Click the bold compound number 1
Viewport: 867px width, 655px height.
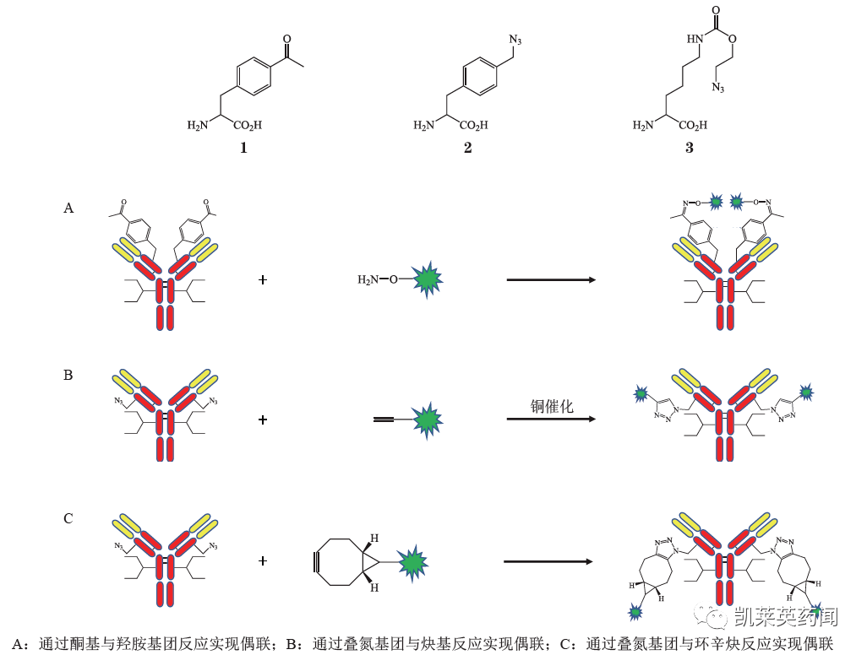click(243, 148)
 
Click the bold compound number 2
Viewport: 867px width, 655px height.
click(467, 148)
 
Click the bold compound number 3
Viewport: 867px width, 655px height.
click(690, 148)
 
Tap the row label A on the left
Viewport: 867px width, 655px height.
click(68, 207)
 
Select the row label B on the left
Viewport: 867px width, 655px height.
click(68, 375)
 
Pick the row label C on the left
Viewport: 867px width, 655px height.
click(68, 518)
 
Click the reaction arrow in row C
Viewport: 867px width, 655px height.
click(548, 560)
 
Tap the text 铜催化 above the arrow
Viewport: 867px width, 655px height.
click(551, 406)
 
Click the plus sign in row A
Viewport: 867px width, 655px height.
click(263, 279)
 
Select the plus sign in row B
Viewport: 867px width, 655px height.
click(263, 420)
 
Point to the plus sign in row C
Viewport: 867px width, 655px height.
click(263, 560)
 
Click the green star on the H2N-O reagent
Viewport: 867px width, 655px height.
click(428, 279)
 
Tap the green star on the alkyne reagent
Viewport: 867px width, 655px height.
click(428, 420)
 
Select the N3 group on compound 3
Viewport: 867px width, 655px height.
click(718, 87)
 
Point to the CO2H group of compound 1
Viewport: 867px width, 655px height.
click(247, 126)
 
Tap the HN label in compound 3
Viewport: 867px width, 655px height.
click(695, 39)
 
